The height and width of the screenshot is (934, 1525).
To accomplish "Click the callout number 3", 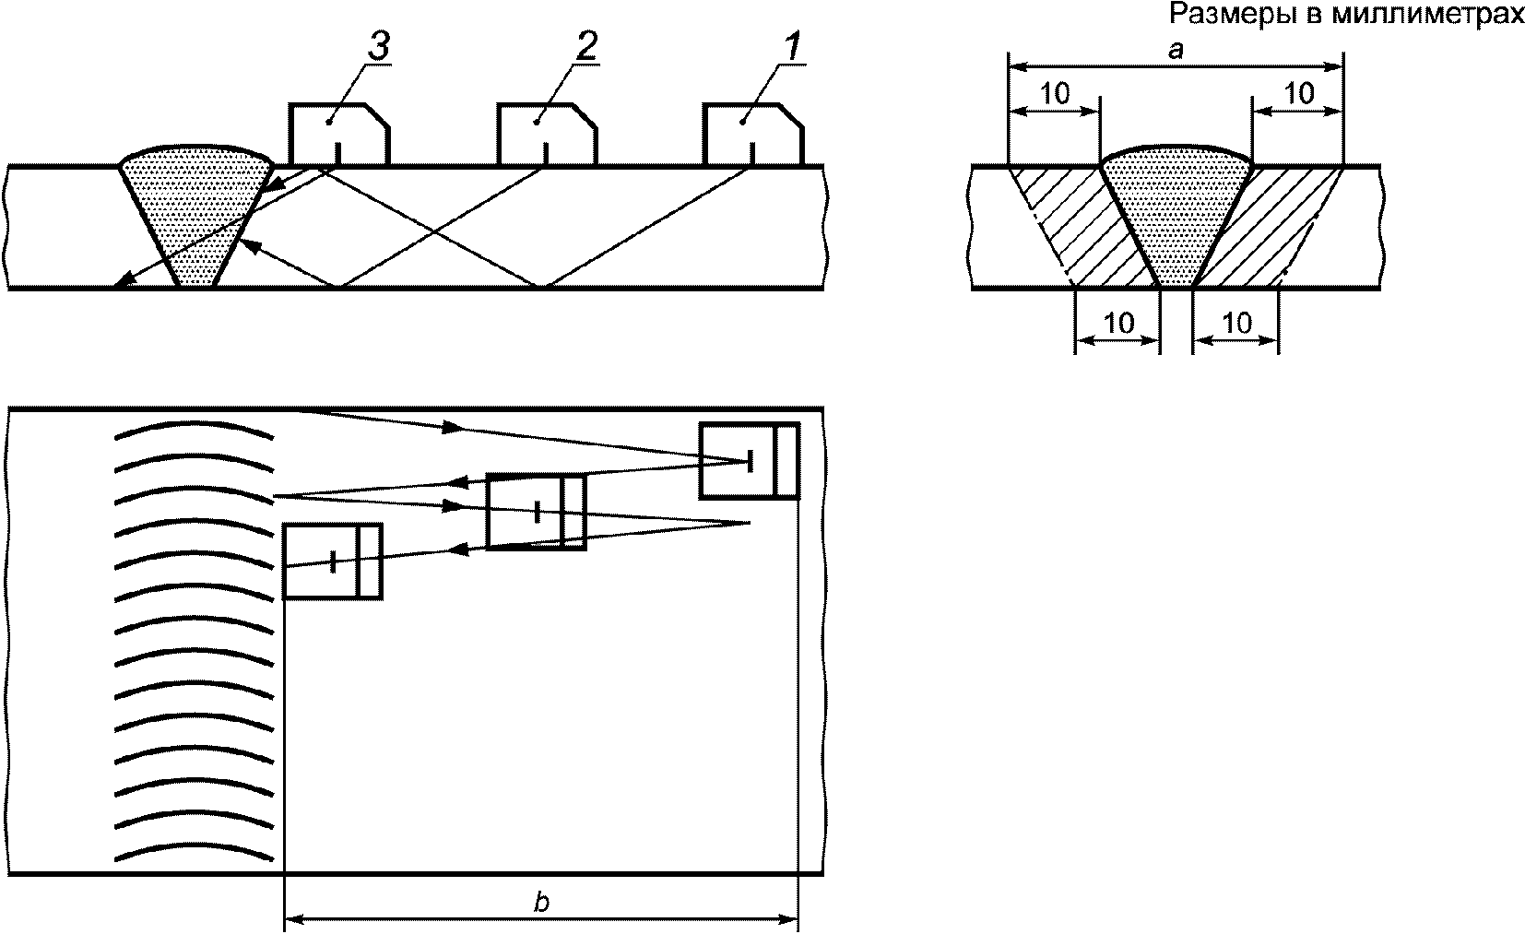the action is (379, 46).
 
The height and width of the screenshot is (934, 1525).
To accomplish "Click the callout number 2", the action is (585, 46).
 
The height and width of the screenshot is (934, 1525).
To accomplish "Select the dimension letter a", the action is (1176, 49).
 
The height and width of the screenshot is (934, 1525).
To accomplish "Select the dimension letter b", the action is (541, 902).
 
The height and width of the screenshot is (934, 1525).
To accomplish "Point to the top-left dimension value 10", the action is (1056, 94).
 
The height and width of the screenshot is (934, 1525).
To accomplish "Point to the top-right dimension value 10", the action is (1298, 94).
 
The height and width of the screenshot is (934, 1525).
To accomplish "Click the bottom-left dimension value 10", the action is (1118, 323).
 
